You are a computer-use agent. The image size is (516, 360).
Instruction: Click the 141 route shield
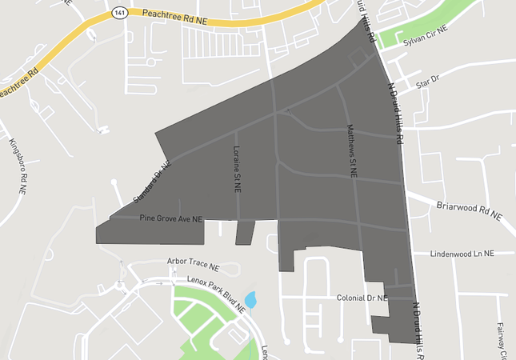click(x=119, y=12)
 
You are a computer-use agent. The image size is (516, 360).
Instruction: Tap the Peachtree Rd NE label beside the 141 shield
click(x=174, y=14)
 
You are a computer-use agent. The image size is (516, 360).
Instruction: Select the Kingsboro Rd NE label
click(x=16, y=167)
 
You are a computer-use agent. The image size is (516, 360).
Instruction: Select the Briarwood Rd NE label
click(x=469, y=210)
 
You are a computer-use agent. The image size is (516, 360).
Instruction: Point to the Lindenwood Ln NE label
click(x=462, y=253)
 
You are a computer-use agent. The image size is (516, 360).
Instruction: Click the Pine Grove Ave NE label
click(x=171, y=218)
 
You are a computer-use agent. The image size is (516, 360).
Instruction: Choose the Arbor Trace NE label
click(x=193, y=262)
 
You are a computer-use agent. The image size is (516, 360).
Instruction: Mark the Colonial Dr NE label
click(x=361, y=298)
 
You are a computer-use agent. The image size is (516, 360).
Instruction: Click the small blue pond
click(x=251, y=300)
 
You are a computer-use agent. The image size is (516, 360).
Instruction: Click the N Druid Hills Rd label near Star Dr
click(x=394, y=111)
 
